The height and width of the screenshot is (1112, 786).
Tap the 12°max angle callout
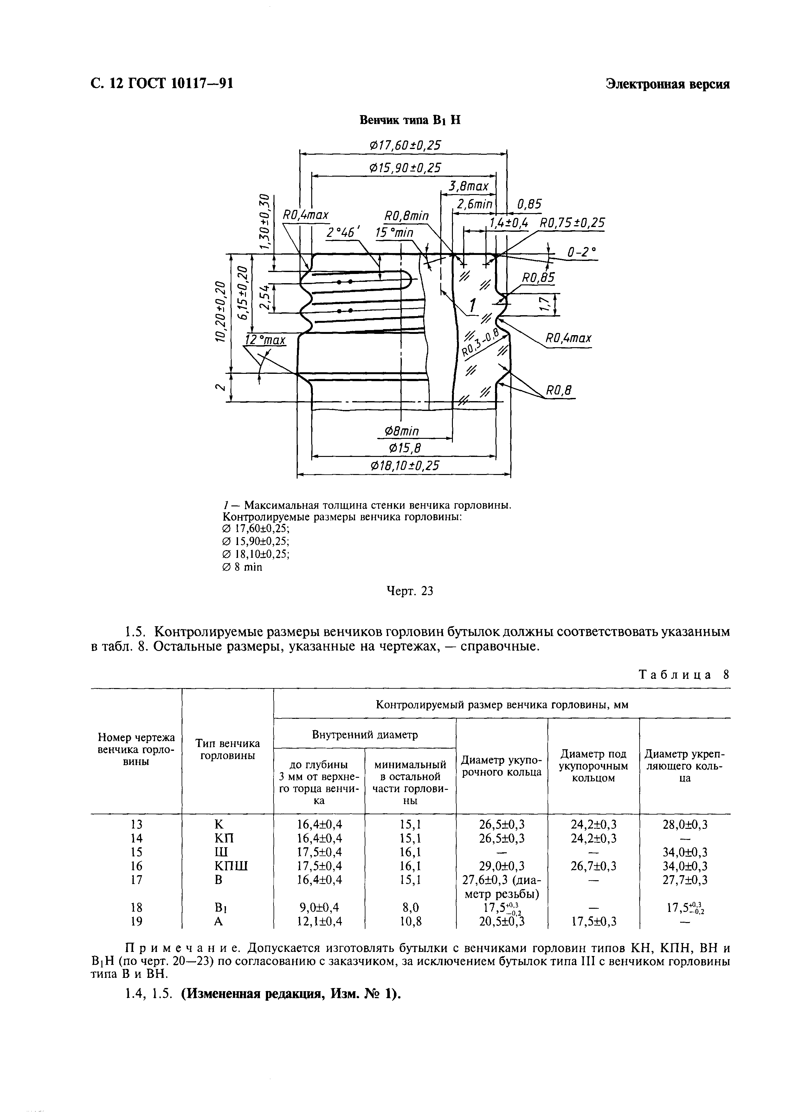pyautogui.click(x=266, y=340)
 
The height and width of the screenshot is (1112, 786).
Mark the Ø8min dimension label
pyautogui.click(x=401, y=431)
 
